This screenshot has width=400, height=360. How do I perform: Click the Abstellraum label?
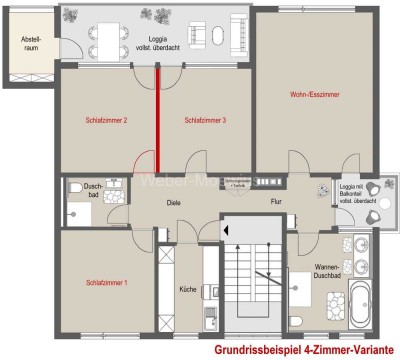pos(24,43)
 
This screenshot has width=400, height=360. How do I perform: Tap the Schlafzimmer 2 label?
pos(106,121)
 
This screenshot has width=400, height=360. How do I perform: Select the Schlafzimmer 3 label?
pos(205,121)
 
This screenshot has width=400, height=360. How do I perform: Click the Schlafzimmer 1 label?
pos(106,283)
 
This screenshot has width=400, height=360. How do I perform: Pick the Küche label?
pos(188,289)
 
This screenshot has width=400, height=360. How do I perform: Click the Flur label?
pos(276,203)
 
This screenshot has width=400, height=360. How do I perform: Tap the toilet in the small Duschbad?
pos(75,187)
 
